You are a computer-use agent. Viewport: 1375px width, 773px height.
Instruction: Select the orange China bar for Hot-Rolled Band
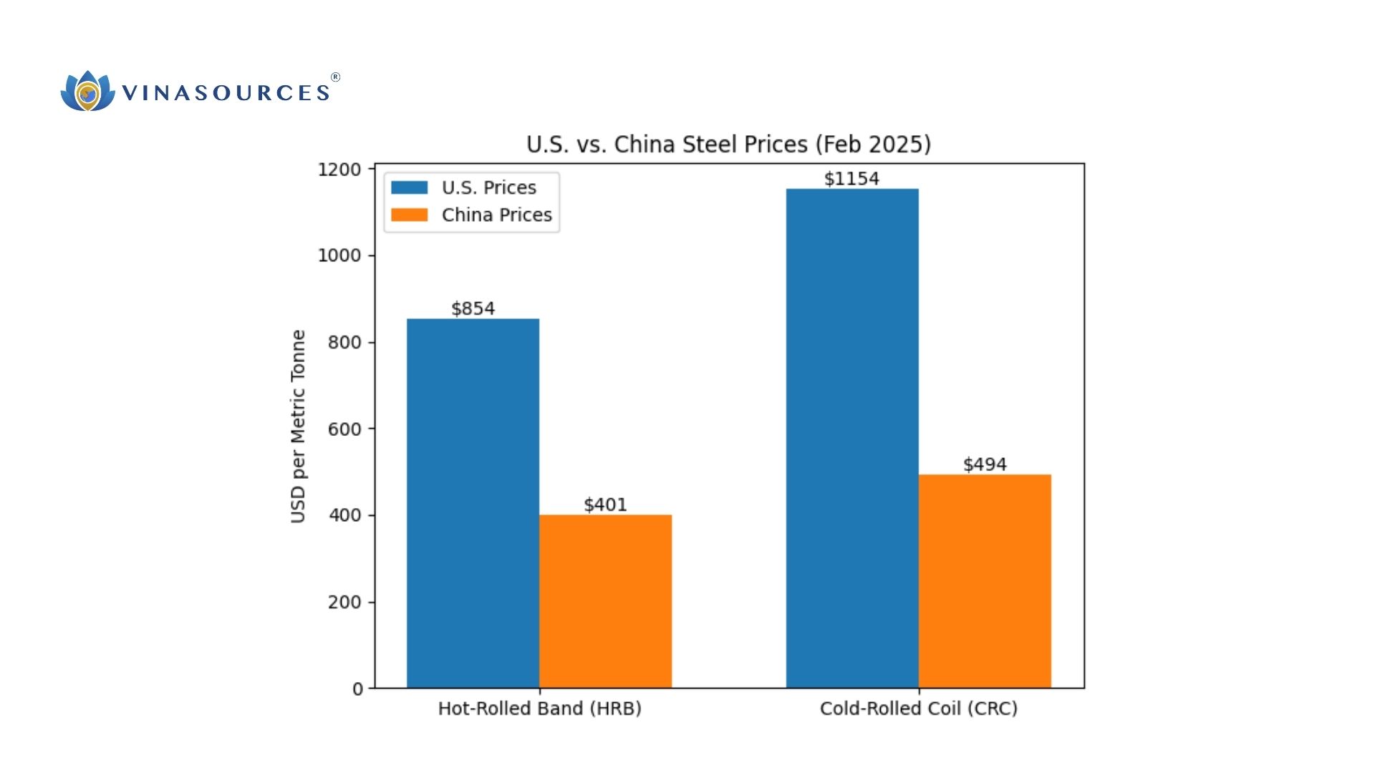point(605,601)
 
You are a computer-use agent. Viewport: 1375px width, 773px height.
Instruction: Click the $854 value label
point(473,308)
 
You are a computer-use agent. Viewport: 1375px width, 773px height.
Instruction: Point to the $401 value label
point(605,505)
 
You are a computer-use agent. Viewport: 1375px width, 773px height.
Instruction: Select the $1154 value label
point(851,178)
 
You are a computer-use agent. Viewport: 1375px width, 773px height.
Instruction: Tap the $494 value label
point(985,465)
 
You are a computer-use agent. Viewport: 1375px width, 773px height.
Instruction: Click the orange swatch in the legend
point(409,215)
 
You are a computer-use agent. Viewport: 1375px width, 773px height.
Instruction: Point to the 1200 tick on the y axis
point(339,170)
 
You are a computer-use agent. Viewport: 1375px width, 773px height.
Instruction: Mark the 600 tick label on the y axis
point(344,429)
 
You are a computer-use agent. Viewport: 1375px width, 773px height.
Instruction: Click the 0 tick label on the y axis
point(357,689)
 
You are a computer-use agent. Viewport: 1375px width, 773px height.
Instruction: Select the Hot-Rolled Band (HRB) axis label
point(539,709)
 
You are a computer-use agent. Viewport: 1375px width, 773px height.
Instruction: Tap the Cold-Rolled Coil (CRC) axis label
point(918,709)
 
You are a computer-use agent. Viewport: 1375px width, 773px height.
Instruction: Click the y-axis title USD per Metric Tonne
point(298,427)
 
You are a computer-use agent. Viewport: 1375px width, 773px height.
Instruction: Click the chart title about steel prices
point(728,145)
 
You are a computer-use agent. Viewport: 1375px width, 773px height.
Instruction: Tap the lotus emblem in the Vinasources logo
point(87,92)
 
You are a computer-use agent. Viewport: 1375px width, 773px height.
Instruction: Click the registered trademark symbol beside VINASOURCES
point(335,77)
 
